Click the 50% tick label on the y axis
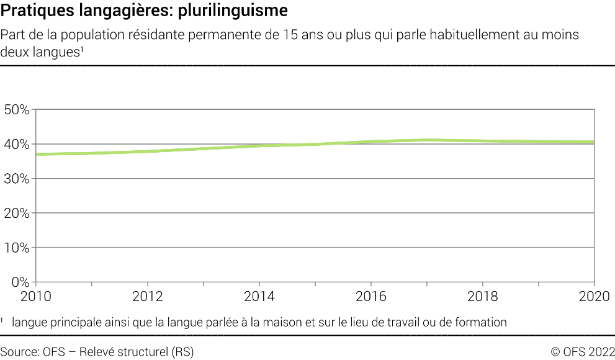(16, 110)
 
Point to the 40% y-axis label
(16, 144)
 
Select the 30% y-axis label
(16, 179)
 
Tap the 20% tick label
(16, 213)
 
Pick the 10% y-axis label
(16, 248)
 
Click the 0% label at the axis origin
(20, 282)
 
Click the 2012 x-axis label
(148, 296)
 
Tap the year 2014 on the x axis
(259, 296)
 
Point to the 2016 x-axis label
(371, 296)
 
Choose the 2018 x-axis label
(483, 296)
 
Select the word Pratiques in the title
(30, 11)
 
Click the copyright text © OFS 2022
(582, 352)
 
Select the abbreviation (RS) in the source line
(182, 352)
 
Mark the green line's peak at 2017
(428, 140)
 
